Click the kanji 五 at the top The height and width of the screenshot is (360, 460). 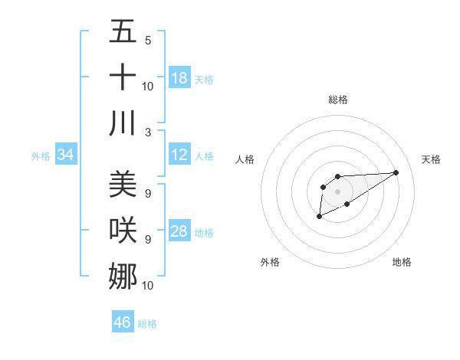point(123,31)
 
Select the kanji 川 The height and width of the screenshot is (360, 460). point(123,122)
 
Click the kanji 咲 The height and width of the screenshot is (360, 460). point(123,230)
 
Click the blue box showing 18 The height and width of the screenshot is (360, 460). point(179,78)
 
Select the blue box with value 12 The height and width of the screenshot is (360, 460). point(179,155)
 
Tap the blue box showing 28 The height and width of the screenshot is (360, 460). point(179,232)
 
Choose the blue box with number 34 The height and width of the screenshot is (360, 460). point(65,155)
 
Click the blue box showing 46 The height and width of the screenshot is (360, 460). point(123,322)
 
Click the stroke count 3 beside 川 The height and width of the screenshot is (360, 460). point(148,133)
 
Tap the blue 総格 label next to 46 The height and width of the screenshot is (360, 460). point(147,324)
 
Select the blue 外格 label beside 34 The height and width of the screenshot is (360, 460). point(41,156)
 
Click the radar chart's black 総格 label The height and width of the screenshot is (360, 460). point(337,100)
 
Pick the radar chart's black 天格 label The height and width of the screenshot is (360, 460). point(431,159)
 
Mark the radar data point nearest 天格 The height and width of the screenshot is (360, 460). point(396,172)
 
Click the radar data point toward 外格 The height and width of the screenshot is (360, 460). point(319,217)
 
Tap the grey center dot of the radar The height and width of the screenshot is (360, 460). point(337,191)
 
